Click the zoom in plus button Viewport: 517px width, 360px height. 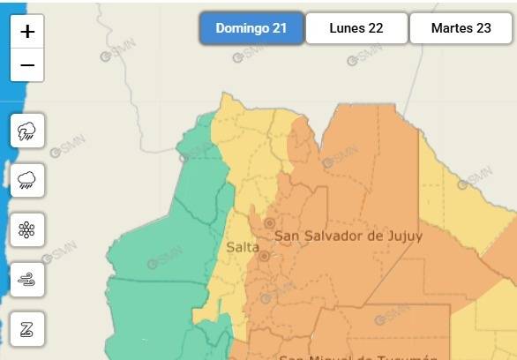tap(27, 32)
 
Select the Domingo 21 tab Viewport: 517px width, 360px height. tap(251, 28)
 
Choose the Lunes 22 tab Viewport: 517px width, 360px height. tap(356, 28)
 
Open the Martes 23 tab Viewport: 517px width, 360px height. tap(461, 28)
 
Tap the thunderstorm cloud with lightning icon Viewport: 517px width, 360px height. tap(27, 132)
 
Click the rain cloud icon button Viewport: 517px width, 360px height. tap(27, 181)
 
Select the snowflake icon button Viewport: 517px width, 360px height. tap(27, 230)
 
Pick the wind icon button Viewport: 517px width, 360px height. tap(27, 280)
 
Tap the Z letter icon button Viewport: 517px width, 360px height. tap(27, 328)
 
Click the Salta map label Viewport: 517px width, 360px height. tap(243, 247)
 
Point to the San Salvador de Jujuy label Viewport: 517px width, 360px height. tap(348, 236)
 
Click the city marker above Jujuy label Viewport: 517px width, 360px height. tap(269, 223)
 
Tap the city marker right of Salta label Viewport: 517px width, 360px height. tap(264, 256)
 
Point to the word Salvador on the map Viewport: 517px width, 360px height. tap(341, 236)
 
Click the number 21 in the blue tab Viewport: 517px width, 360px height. tap(280, 28)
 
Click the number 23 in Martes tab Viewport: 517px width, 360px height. tap(483, 28)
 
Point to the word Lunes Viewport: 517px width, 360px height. tap(346, 28)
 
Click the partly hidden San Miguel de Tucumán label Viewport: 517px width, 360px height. tap(358, 356)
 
